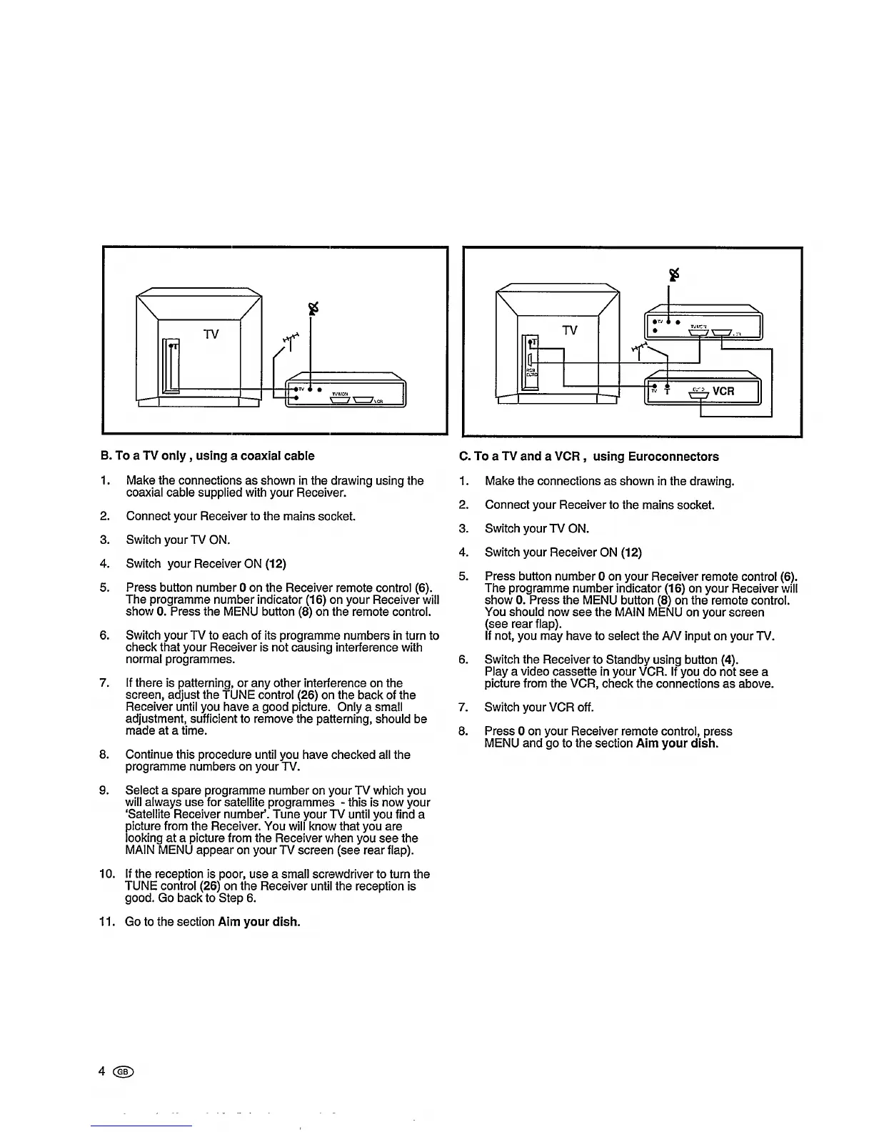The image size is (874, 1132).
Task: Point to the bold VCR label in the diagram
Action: pyautogui.click(x=723, y=391)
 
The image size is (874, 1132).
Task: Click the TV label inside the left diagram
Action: pyautogui.click(x=211, y=334)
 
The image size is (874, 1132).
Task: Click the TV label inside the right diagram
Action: pyautogui.click(x=569, y=330)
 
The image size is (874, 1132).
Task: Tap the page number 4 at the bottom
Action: pyautogui.click(x=102, y=1071)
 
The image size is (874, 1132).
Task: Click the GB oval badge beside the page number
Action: pyautogui.click(x=124, y=1071)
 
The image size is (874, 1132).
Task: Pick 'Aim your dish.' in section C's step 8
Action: pyautogui.click(x=677, y=743)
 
